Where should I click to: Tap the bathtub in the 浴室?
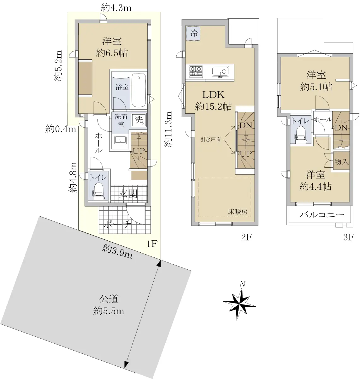click(139, 90)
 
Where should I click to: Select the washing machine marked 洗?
click(139, 120)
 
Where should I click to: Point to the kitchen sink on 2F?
click(220, 71)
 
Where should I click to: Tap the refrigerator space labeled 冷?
click(193, 33)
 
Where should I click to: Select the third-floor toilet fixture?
click(301, 135)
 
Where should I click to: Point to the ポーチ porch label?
click(117, 224)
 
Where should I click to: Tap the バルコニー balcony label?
click(322, 214)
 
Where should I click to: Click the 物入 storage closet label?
click(341, 162)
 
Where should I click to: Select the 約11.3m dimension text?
click(168, 129)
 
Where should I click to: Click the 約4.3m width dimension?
click(116, 8)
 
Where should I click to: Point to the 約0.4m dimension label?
click(61, 129)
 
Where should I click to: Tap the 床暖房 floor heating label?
click(238, 212)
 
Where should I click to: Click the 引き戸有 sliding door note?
click(210, 139)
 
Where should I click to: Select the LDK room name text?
click(213, 95)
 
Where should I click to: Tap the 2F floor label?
click(246, 237)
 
